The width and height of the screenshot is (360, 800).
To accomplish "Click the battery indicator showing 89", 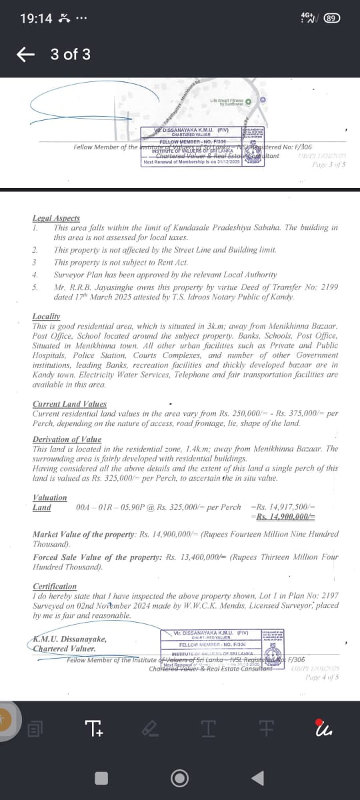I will [x=331, y=18].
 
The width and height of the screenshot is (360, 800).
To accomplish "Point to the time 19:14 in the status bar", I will [x=36, y=19].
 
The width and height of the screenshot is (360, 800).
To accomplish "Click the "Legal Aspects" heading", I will [x=56, y=218].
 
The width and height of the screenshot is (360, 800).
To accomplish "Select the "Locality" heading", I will [x=46, y=315].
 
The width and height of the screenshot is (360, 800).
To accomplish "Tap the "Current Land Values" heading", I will [x=69, y=404].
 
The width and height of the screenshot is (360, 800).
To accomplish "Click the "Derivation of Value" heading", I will [x=67, y=439].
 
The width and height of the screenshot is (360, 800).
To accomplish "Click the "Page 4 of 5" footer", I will [x=321, y=677].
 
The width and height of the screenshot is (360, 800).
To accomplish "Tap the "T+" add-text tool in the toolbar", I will [x=95, y=730].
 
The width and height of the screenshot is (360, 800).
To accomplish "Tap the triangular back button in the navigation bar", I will [x=261, y=777].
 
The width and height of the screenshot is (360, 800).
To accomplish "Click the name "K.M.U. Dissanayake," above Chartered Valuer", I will [x=69, y=639].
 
